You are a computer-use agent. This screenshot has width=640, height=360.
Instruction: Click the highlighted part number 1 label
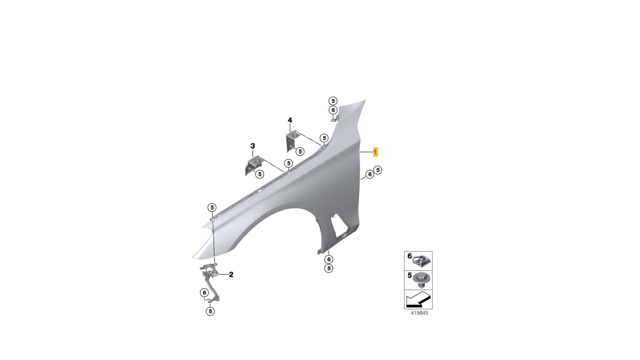point(376,152)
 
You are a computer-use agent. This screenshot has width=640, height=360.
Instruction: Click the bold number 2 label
point(231,274)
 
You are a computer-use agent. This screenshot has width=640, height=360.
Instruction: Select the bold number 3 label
point(252,146)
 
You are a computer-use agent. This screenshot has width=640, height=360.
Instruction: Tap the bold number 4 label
point(290,120)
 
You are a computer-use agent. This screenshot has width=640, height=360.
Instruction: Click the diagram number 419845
point(420,313)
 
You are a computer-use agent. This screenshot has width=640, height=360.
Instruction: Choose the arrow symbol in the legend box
point(418,300)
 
